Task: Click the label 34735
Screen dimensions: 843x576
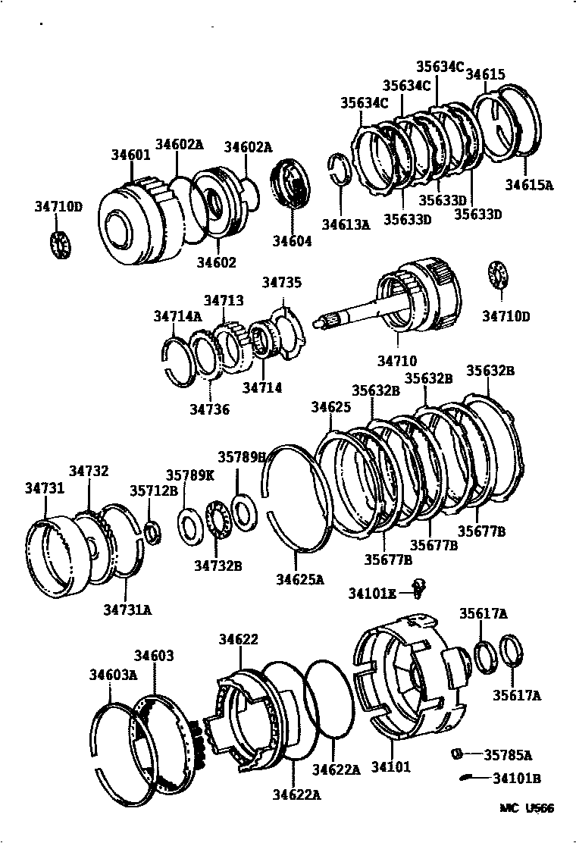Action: pos(282,283)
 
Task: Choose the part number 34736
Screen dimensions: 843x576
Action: pos(209,409)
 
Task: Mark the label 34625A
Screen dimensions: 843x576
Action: pos(299,580)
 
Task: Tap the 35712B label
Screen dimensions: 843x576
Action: pos(154,490)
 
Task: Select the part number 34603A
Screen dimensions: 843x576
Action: pos(113,674)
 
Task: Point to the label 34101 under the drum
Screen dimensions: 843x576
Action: pos(391,766)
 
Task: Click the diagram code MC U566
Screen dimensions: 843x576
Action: pos(526,808)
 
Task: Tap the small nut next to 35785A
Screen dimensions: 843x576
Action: pos(457,754)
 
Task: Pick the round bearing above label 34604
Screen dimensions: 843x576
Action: pos(291,183)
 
